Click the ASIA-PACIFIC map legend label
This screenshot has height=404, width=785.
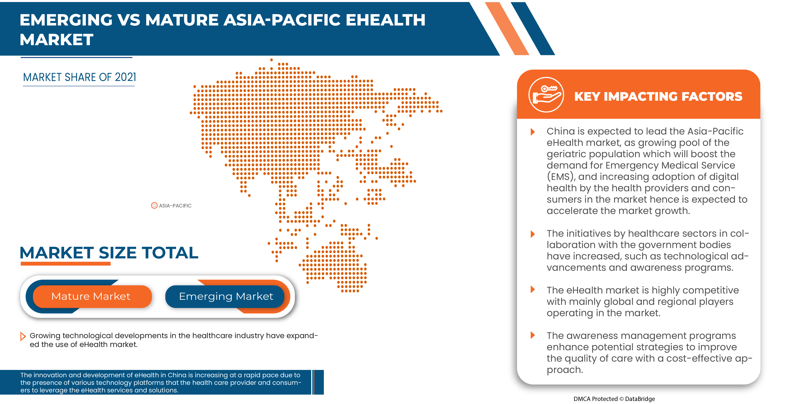(x=175, y=206)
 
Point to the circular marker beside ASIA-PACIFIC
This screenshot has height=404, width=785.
(x=154, y=206)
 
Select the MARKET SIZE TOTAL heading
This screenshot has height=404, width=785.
(x=109, y=253)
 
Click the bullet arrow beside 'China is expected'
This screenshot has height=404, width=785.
(x=532, y=132)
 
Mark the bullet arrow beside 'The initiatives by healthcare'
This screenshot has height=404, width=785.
(x=532, y=234)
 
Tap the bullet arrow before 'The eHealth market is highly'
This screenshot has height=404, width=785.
(x=532, y=289)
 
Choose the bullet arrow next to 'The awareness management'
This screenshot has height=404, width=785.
(x=532, y=335)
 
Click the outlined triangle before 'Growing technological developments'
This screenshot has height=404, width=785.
(x=22, y=336)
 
